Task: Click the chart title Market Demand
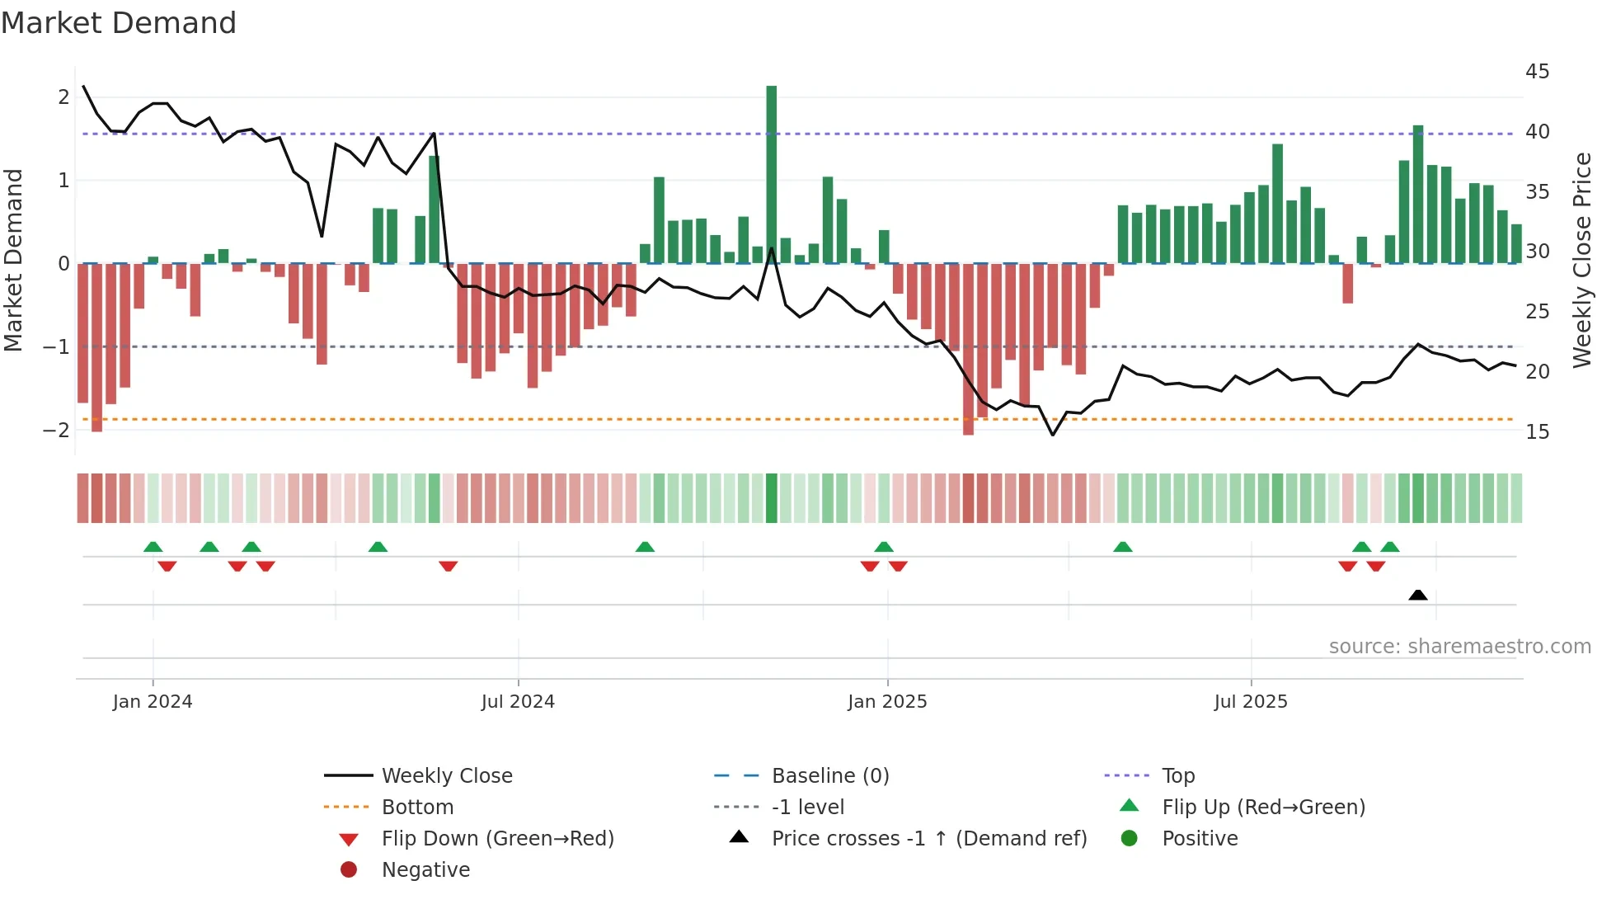pyautogui.click(x=119, y=23)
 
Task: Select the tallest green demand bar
pyautogui.click(x=772, y=173)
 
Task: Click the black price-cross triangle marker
pyautogui.click(x=1418, y=595)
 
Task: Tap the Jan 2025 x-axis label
pyautogui.click(x=887, y=702)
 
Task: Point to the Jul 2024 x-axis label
pyautogui.click(x=518, y=702)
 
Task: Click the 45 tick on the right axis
pyautogui.click(x=1537, y=72)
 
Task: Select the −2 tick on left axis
pyautogui.click(x=56, y=430)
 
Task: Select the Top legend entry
pyautogui.click(x=1177, y=775)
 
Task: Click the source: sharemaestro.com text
pyautogui.click(x=1459, y=646)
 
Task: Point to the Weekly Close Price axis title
pyautogui.click(x=1581, y=260)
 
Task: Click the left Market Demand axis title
pyautogui.click(x=13, y=260)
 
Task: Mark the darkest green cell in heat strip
pyautogui.click(x=772, y=498)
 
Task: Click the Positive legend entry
pyautogui.click(x=1199, y=838)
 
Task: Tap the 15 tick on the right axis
pyautogui.click(x=1537, y=431)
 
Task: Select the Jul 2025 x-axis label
pyautogui.click(x=1250, y=702)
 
